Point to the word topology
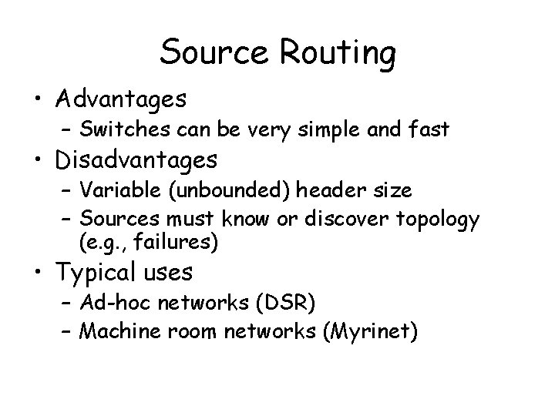pyautogui.click(x=440, y=220)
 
